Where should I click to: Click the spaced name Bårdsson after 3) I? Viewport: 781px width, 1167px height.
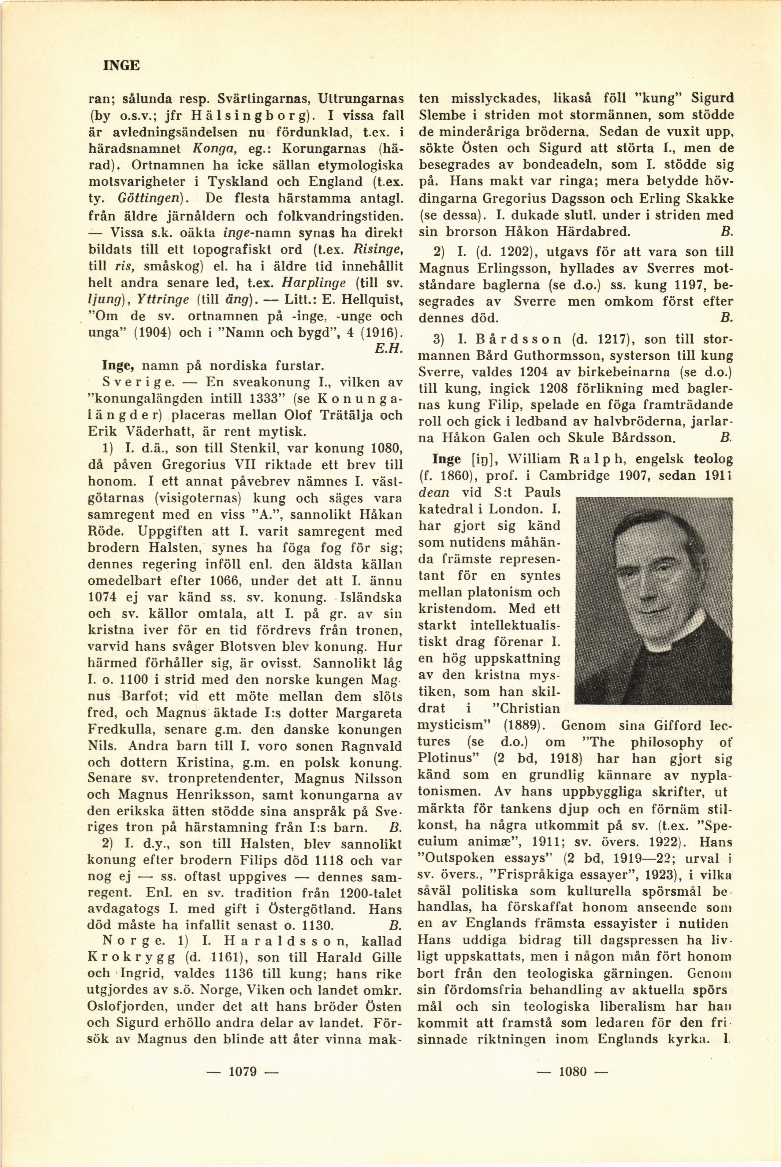pyautogui.click(x=518, y=339)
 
